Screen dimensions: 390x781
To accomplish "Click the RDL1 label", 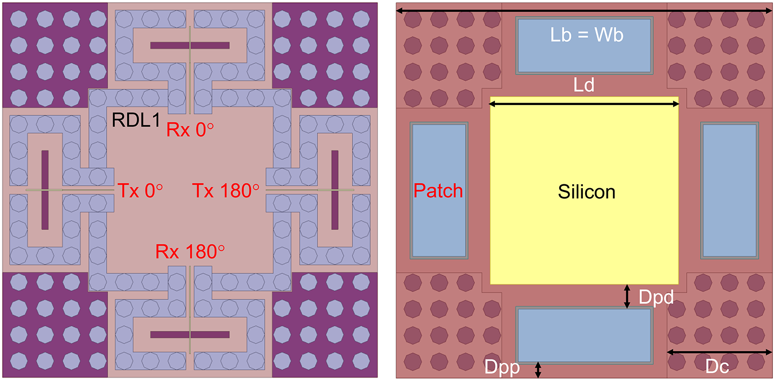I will [136, 121].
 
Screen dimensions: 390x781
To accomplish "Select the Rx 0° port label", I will [190, 130].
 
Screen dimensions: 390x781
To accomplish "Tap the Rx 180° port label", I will [190, 252].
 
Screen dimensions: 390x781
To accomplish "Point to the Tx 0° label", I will [140, 191].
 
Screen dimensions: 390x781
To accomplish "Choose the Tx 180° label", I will [226, 191].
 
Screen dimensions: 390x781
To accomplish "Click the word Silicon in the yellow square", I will [587, 192].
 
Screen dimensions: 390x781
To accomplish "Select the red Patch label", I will [438, 191].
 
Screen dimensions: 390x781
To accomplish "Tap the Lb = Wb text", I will [587, 35].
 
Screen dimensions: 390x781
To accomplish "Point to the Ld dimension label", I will [584, 86].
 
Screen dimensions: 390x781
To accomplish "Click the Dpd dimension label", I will [656, 297].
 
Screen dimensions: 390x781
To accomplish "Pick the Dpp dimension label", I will [502, 367].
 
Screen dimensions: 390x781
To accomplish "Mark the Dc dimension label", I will [717, 366].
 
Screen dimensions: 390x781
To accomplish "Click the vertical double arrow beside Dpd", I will [627, 296].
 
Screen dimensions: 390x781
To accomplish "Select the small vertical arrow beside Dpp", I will [538, 370].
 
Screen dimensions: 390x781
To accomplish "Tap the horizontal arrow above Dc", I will [719, 352].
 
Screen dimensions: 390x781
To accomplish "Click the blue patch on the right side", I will [730, 191].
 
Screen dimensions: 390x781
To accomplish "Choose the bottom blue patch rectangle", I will [585, 335].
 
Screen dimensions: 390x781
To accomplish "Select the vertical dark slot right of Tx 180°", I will [335, 190].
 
